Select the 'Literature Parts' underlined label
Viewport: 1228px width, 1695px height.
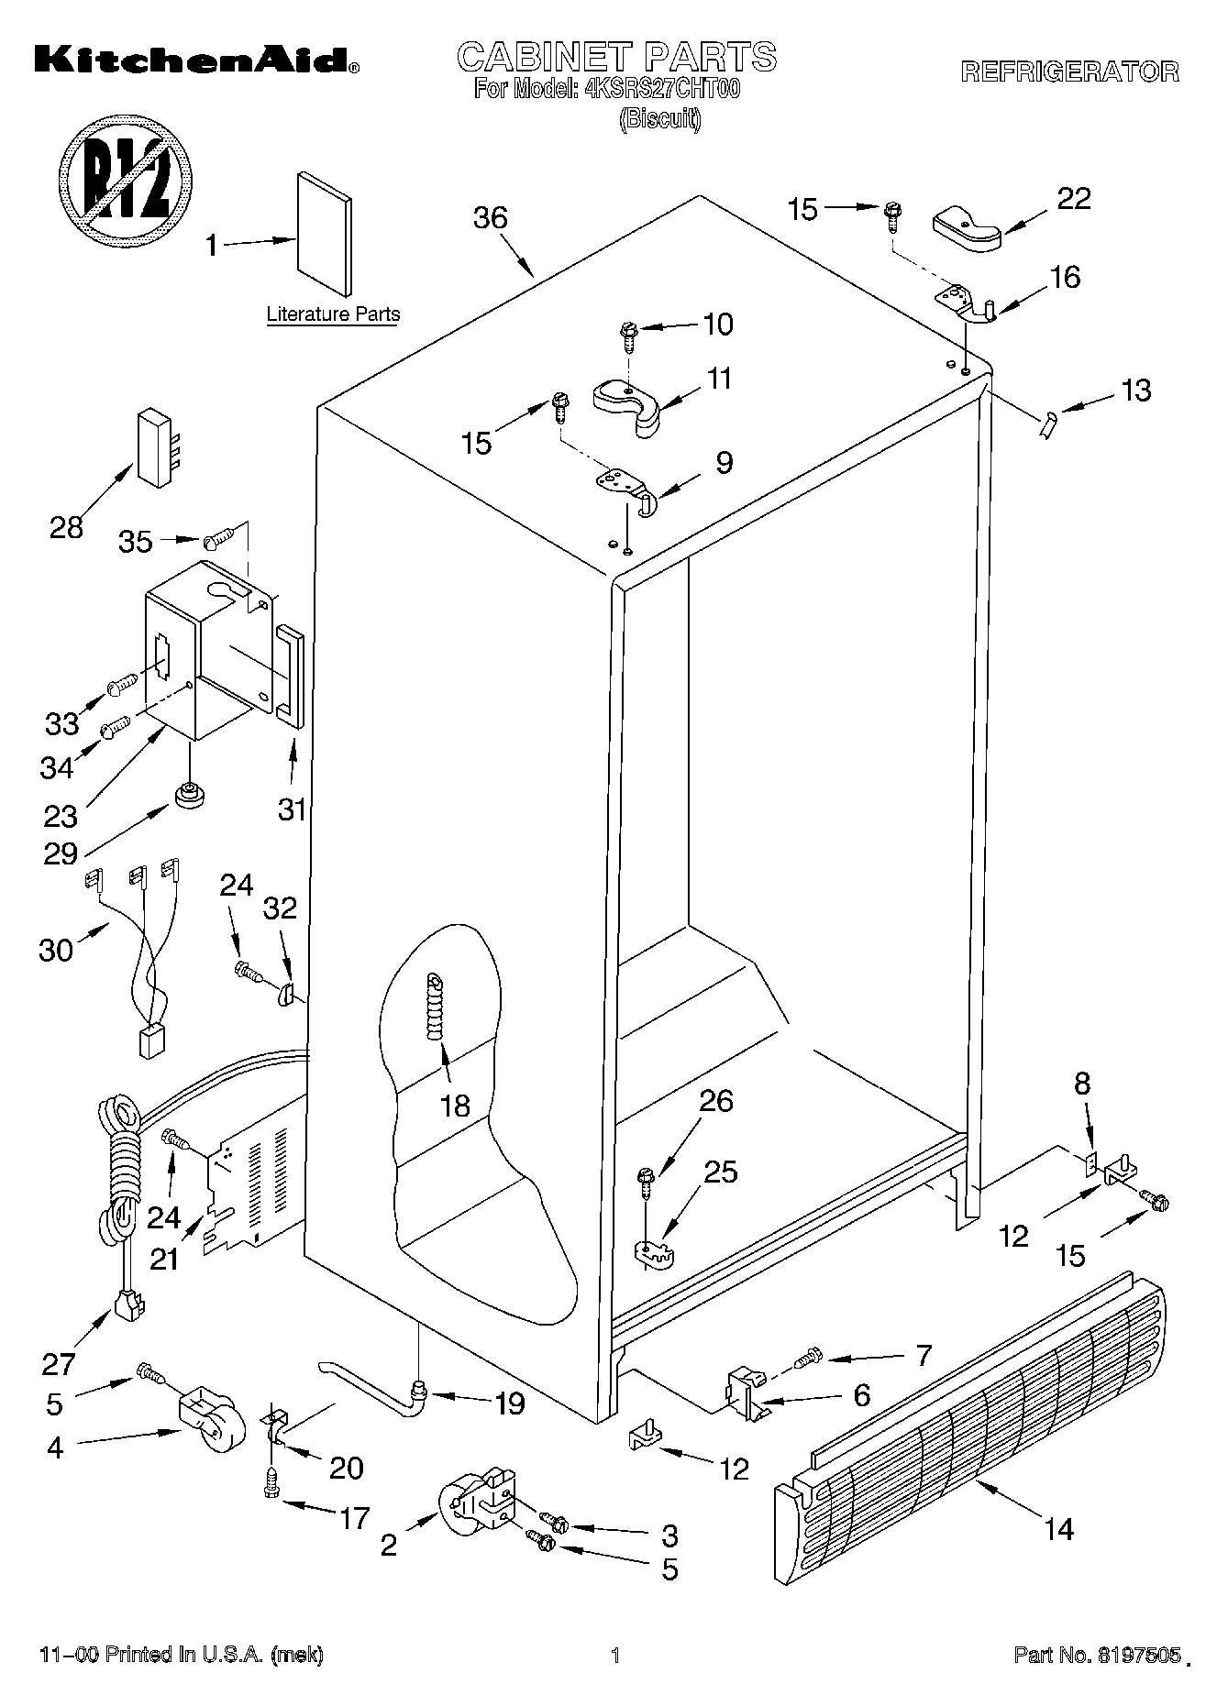click(x=333, y=314)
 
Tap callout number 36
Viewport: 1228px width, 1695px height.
click(x=491, y=218)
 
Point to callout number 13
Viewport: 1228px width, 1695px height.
click(x=1135, y=391)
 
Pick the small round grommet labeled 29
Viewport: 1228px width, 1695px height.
click(x=189, y=794)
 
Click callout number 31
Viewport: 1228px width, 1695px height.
click(x=292, y=810)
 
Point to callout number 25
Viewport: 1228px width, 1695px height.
click(x=721, y=1172)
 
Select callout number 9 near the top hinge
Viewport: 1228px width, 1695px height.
click(x=725, y=463)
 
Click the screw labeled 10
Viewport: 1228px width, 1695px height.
click(x=629, y=336)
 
